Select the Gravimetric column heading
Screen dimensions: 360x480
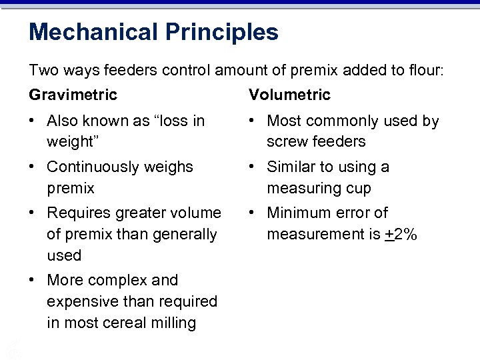tap(73, 95)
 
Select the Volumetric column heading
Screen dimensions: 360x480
tap(289, 95)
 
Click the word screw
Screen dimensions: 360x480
tap(286, 142)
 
